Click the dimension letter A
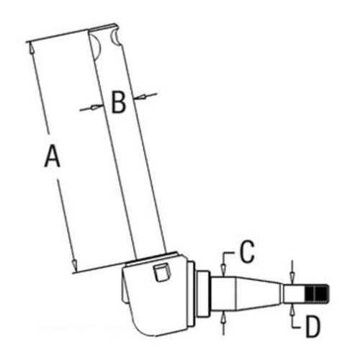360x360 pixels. click(x=52, y=156)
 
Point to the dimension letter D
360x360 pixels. click(x=312, y=326)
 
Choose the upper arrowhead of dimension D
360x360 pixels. click(x=292, y=282)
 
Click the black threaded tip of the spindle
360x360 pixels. click(x=318, y=294)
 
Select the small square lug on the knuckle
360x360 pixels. click(x=161, y=272)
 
